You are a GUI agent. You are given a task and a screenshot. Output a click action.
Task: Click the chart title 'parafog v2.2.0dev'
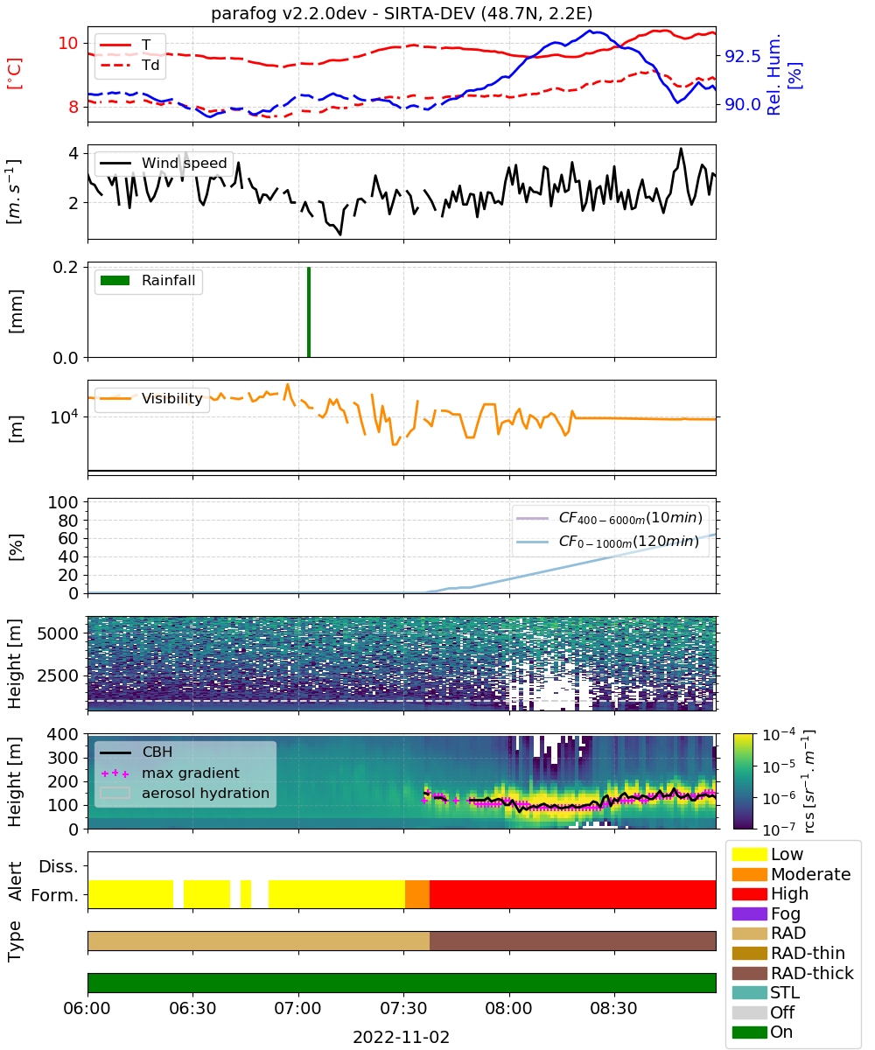[x=289, y=13]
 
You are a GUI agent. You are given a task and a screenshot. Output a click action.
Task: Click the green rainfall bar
[x=308, y=311]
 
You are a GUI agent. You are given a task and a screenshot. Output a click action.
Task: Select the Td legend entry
[x=129, y=66]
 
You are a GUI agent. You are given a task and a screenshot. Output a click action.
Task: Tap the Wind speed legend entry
[x=164, y=163]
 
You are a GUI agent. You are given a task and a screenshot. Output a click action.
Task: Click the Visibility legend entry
[x=150, y=398]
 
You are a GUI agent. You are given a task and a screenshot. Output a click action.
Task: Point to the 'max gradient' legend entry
[x=170, y=773]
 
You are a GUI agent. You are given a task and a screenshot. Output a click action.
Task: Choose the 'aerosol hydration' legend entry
[x=185, y=793]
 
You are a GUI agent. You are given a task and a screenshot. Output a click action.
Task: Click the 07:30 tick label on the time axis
[x=403, y=1008]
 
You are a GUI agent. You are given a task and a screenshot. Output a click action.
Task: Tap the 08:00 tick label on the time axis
[x=508, y=1008]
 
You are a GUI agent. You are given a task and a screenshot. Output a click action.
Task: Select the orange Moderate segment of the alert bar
[x=416, y=894]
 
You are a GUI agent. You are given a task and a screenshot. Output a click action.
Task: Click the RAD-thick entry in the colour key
[x=793, y=973]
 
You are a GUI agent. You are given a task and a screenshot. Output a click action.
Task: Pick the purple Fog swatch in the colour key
[x=749, y=913]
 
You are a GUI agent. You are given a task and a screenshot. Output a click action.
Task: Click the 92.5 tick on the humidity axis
[x=742, y=56]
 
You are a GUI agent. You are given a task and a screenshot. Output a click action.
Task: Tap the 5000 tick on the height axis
[x=58, y=633]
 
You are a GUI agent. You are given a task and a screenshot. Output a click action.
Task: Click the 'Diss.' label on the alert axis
[x=59, y=866]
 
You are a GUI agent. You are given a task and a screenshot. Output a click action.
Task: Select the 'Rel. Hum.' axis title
[x=773, y=74]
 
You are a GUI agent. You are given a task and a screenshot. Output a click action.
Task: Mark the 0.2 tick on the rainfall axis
[x=66, y=267]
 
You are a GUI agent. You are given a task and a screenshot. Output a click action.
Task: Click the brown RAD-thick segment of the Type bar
[x=572, y=941]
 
